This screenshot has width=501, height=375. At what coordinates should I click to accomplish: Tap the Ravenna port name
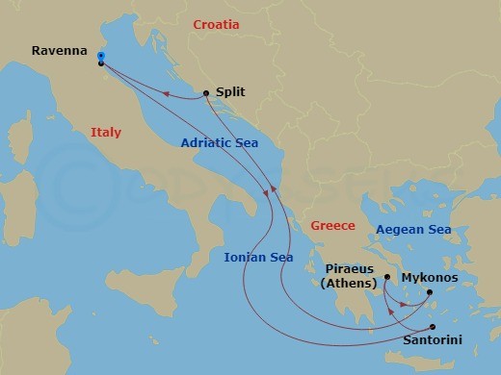(x=58, y=51)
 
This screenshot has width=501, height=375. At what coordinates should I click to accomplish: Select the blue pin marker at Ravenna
(x=101, y=56)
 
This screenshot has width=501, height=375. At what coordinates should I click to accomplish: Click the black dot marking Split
(x=206, y=93)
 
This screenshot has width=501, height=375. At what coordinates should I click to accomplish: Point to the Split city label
(x=231, y=92)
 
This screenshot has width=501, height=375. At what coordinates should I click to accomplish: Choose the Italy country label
(x=106, y=133)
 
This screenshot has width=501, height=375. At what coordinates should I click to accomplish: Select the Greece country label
(x=332, y=226)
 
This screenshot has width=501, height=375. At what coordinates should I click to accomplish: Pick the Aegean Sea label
(x=413, y=230)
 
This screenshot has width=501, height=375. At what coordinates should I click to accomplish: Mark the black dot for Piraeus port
(x=387, y=278)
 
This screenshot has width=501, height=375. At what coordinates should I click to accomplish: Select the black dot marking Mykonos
(x=430, y=292)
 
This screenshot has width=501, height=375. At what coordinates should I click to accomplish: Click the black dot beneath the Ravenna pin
(x=101, y=64)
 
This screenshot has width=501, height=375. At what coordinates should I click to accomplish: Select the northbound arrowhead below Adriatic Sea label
(x=272, y=188)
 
